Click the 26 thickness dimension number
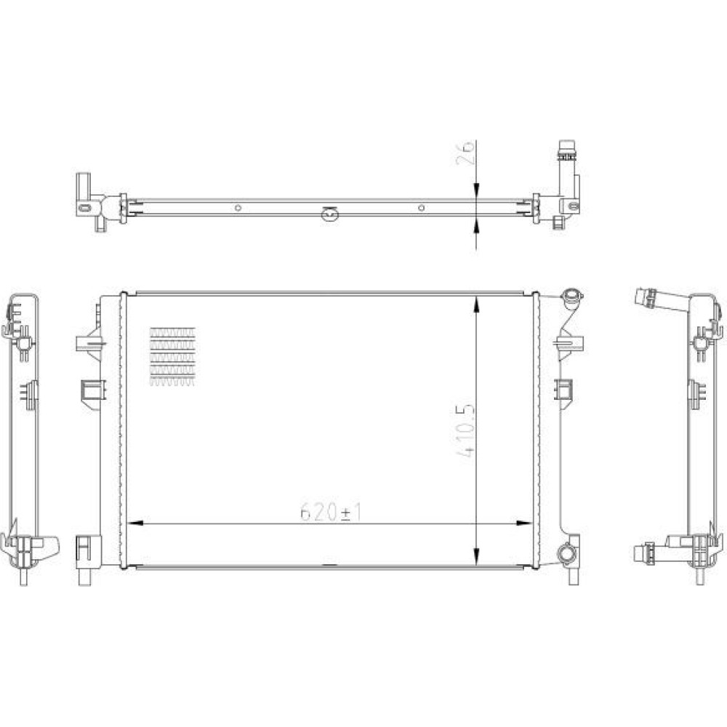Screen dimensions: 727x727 point(465,152)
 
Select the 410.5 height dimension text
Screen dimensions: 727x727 point(465,431)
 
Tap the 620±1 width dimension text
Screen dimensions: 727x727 point(331,513)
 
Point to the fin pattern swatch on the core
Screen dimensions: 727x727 point(172,356)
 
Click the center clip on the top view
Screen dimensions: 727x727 point(329,214)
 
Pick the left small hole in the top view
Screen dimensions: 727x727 point(238,208)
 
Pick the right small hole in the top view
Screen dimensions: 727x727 point(421,208)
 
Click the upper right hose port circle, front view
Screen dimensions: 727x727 point(571,297)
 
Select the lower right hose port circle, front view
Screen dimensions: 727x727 point(566,553)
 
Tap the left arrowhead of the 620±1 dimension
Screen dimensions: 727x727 point(134,523)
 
